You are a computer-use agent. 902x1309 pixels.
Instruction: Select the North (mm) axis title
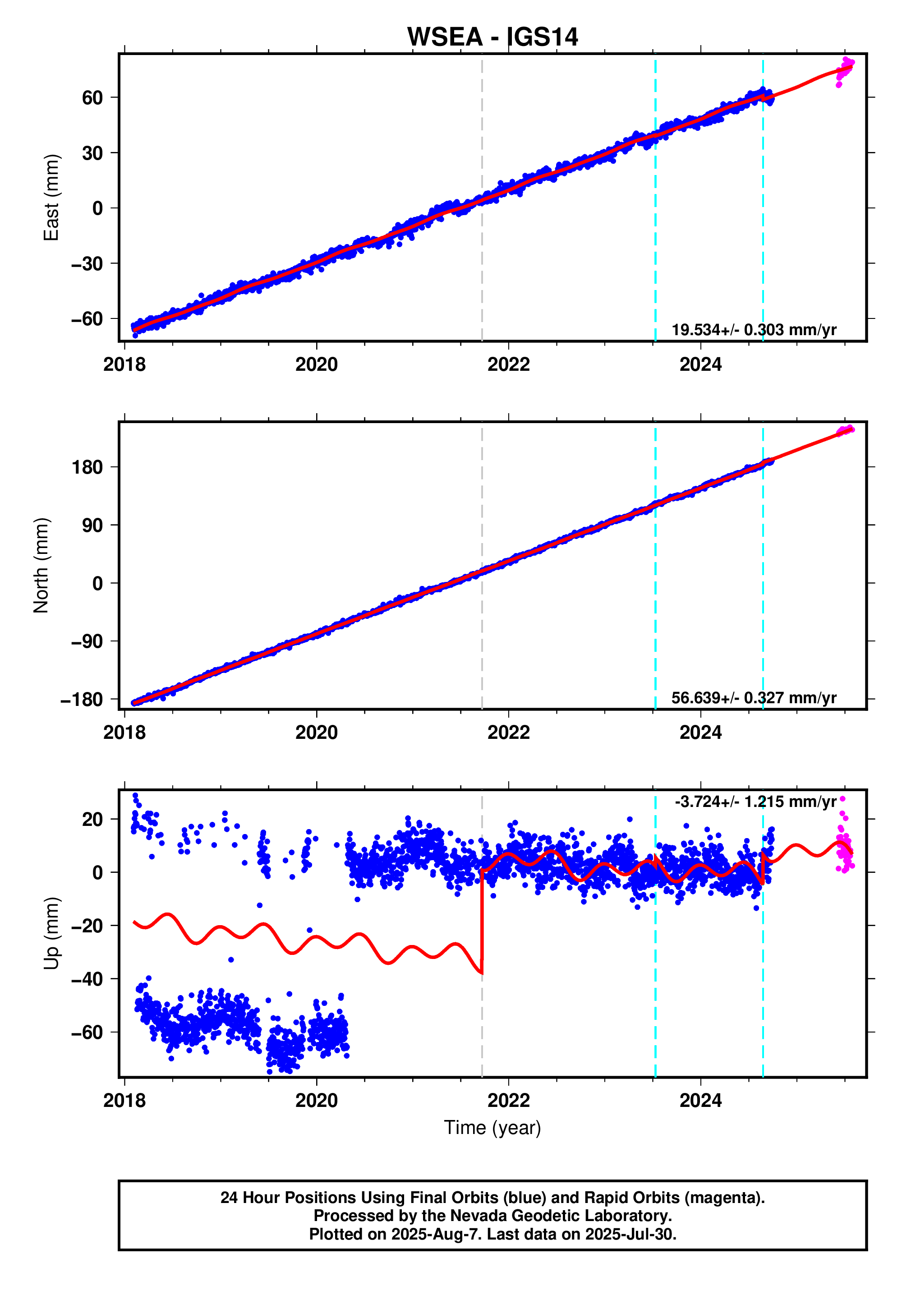click(x=41, y=565)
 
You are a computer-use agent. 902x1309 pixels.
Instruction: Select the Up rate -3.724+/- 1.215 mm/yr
click(x=755, y=802)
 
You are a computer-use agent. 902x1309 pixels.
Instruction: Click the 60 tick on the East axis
click(x=92, y=98)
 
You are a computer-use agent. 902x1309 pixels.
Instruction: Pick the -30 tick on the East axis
click(x=87, y=263)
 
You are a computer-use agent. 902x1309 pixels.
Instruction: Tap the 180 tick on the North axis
click(x=87, y=467)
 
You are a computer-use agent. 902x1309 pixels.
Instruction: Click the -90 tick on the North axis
click(x=87, y=641)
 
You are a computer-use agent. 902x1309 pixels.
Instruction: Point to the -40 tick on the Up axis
click(x=87, y=979)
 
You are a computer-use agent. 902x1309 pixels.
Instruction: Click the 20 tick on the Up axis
click(x=92, y=819)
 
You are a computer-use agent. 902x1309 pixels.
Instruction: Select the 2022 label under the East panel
click(x=508, y=364)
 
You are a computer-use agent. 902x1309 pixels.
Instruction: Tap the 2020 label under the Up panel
click(x=316, y=1101)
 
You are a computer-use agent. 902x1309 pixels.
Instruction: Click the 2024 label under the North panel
click(x=700, y=733)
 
